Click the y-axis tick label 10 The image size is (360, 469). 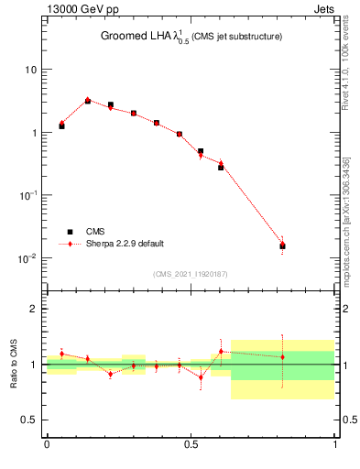31,70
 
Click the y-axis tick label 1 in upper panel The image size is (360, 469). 34,133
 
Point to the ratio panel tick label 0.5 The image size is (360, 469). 30,420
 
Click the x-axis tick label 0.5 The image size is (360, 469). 191,446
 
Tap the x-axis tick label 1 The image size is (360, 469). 334,446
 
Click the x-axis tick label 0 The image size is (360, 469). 47,446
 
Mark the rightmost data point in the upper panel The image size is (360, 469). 282,245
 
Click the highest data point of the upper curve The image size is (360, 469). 88,101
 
